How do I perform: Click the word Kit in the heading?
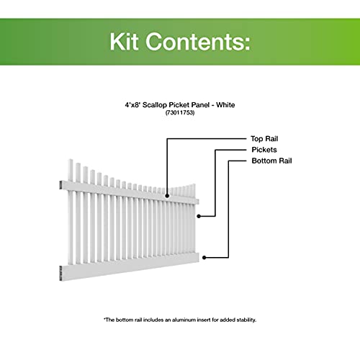(x=124, y=42)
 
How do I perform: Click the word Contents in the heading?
(x=194, y=42)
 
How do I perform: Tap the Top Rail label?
(x=264, y=139)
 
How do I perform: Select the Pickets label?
(x=264, y=150)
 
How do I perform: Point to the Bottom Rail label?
(x=271, y=161)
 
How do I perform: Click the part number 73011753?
(x=180, y=112)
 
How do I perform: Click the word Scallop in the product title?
(x=155, y=105)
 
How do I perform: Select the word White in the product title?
(x=225, y=105)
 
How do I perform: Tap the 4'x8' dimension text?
(x=132, y=105)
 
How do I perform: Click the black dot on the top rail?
(x=167, y=196)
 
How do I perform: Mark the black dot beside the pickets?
(x=199, y=216)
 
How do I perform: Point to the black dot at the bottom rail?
(x=204, y=258)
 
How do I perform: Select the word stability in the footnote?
(x=246, y=320)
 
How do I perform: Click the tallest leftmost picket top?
(x=71, y=160)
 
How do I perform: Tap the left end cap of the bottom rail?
(x=61, y=273)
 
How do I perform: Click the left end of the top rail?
(x=61, y=185)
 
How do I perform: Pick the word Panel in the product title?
(x=201, y=105)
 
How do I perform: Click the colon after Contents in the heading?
(x=247, y=44)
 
